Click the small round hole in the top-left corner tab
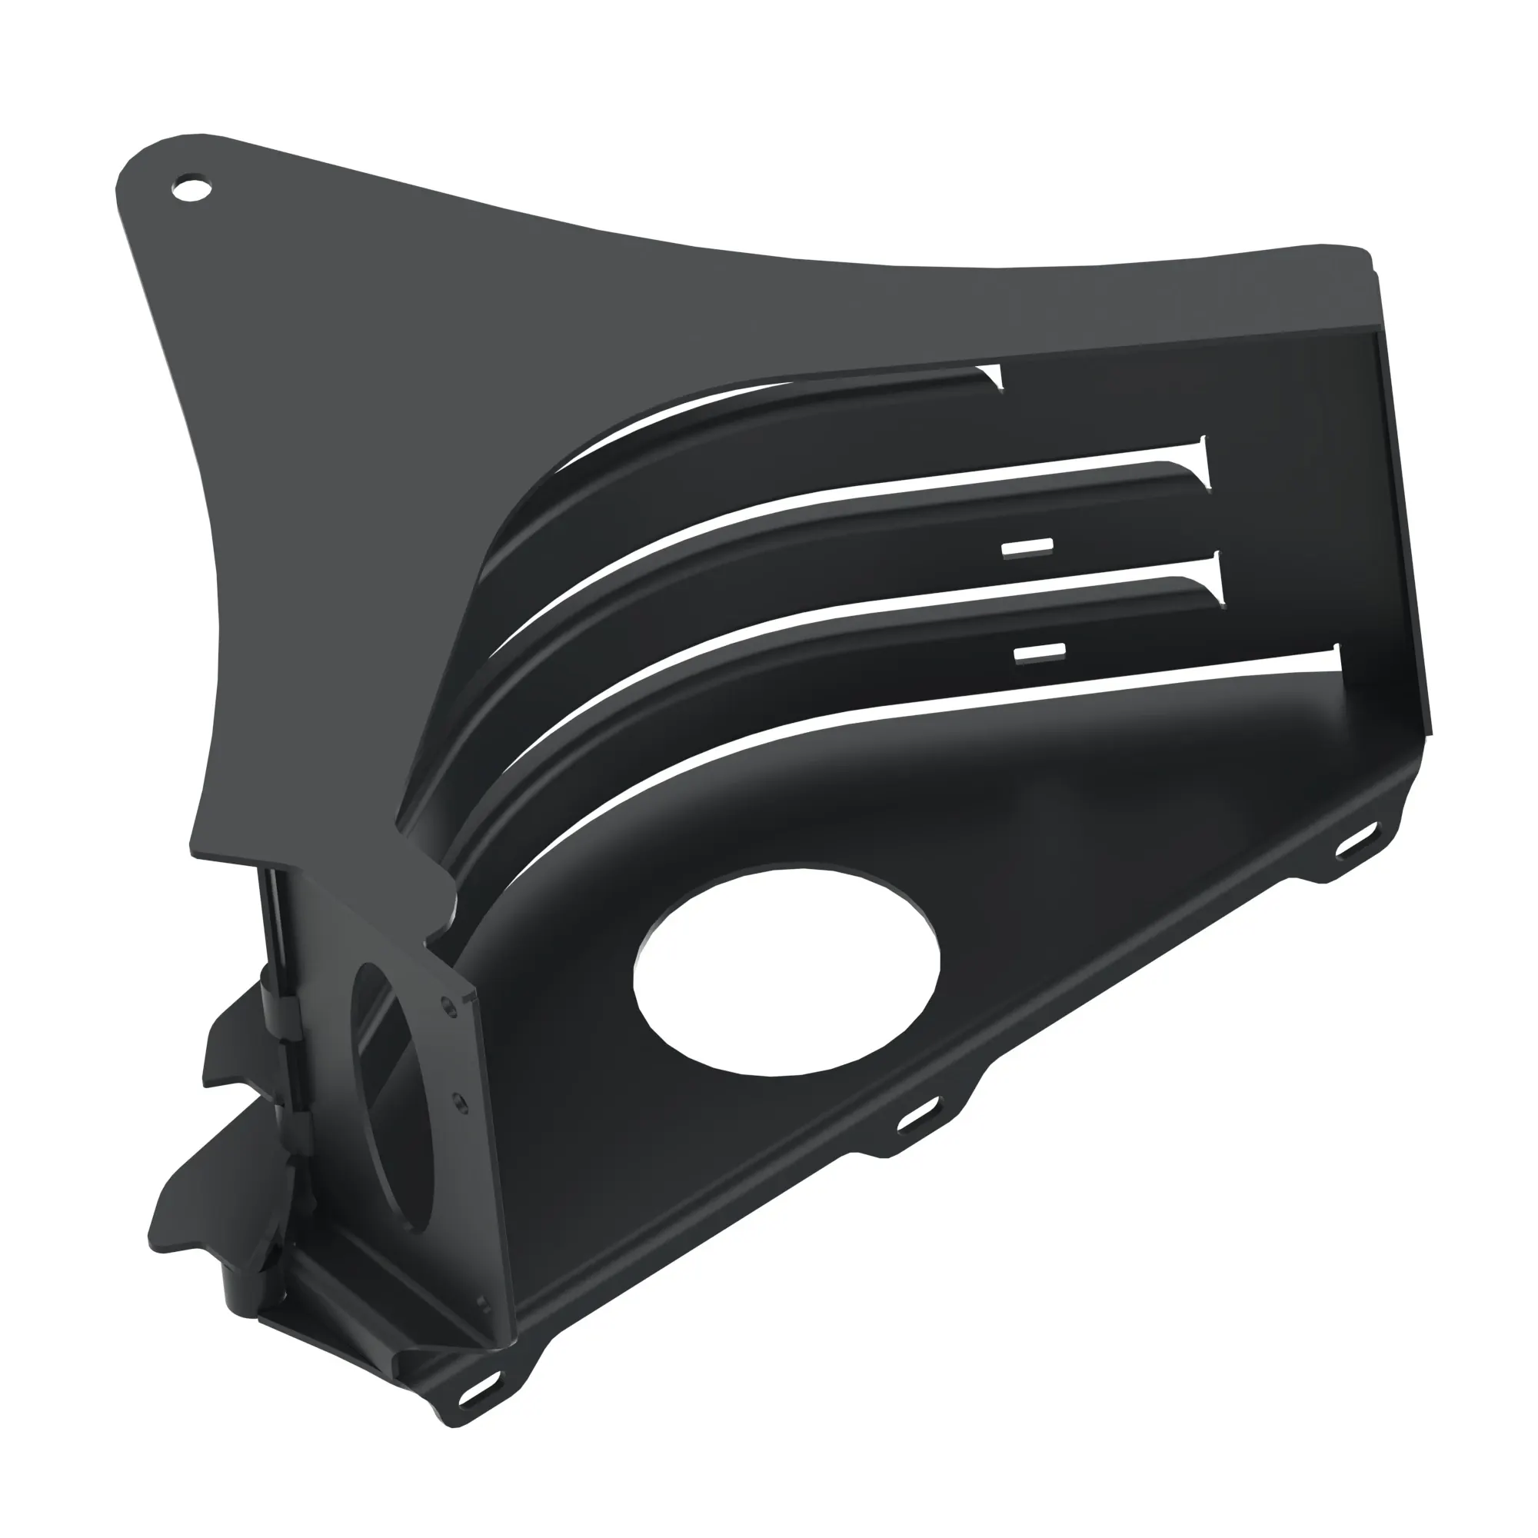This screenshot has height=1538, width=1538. point(191,189)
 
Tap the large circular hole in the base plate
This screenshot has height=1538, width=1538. point(787,970)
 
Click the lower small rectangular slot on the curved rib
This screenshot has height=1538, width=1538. point(1040,653)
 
